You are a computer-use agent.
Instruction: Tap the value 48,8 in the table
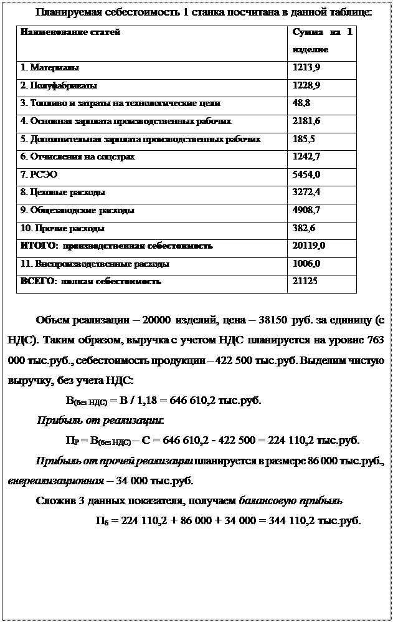pos(302,103)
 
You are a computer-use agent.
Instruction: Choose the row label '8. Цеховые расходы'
pos(63,192)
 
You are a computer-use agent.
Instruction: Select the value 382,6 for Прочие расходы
pos(303,228)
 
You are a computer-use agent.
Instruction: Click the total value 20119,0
pos(308,246)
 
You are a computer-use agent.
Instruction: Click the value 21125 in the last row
pos(305,282)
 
